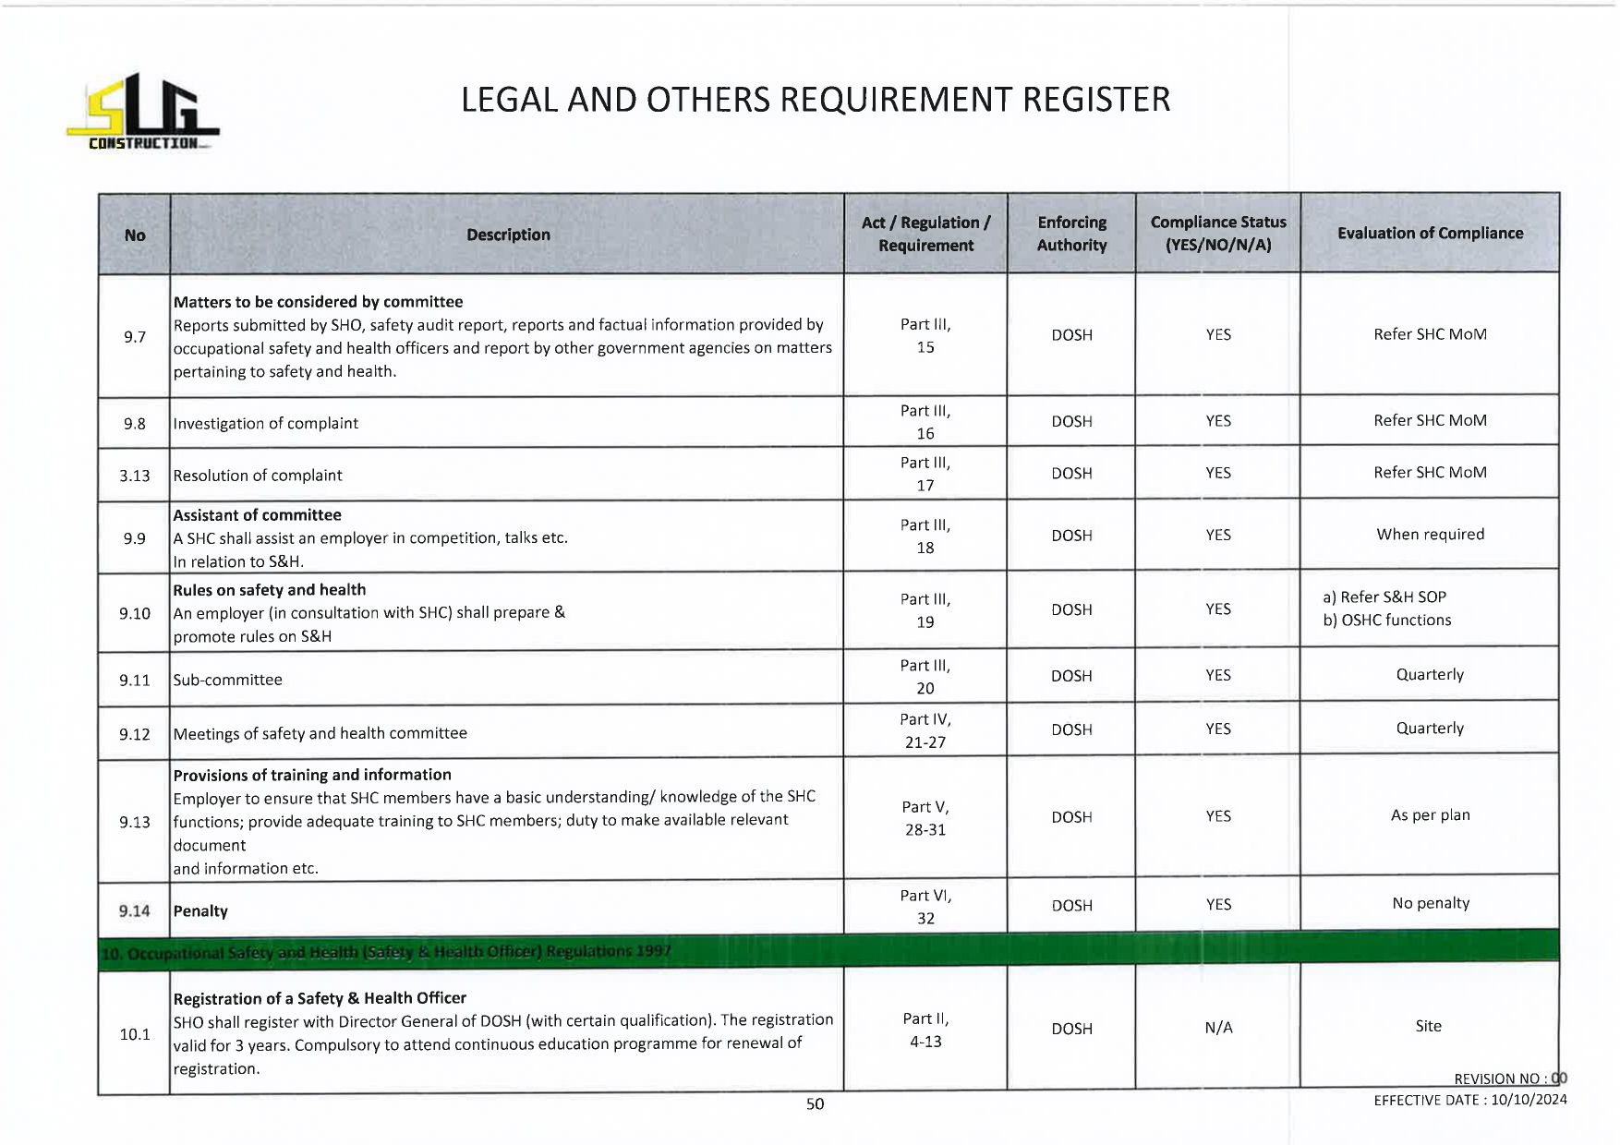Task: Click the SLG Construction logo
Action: pos(142,113)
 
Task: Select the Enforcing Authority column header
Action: pos(1071,234)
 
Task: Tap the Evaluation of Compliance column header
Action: pos(1430,234)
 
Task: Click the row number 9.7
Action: pos(135,337)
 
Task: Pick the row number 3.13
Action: pos(135,476)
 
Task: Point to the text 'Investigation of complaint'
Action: pos(266,424)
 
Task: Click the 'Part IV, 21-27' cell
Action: pos(925,730)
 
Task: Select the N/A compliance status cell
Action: pos(1218,1028)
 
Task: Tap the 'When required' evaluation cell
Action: pos(1430,535)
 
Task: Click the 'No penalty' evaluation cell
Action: pos(1430,903)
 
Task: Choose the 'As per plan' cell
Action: pos(1430,815)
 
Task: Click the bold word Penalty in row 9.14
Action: pos(200,911)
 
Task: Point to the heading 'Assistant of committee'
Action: pos(258,515)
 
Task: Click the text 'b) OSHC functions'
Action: pos(1386,621)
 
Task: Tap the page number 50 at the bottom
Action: pos(815,1104)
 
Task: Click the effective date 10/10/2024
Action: pos(1529,1100)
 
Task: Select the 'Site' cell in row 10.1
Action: pos(1428,1026)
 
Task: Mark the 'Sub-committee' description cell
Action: pos(228,681)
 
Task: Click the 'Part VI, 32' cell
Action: pos(925,907)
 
